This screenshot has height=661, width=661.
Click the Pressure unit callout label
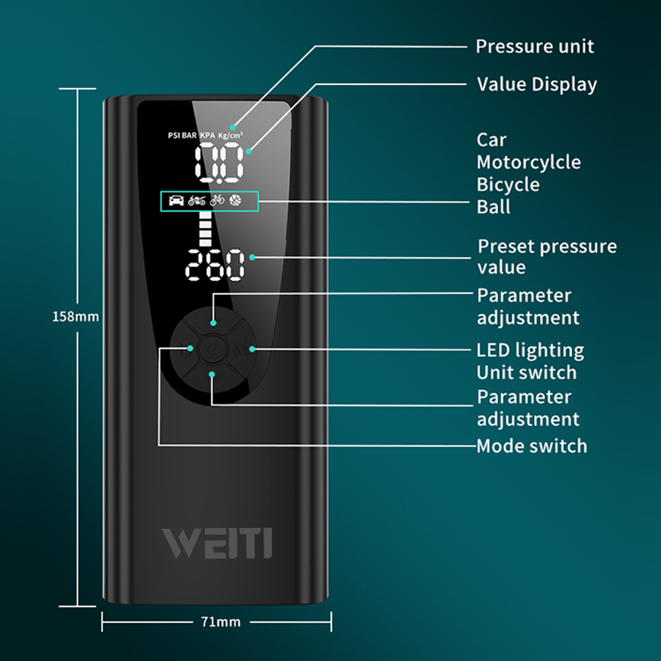tap(535, 46)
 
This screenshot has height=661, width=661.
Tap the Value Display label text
tap(537, 84)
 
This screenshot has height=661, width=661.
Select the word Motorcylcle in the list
tap(528, 162)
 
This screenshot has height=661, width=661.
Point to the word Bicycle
tap(507, 184)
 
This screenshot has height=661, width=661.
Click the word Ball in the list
tap(492, 207)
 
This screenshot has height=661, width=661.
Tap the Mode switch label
tap(531, 446)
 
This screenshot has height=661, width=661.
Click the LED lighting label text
tap(530, 350)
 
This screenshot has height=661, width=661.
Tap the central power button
tap(212, 350)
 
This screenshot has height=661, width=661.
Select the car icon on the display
tap(176, 200)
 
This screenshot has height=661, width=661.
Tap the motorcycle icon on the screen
tap(197, 200)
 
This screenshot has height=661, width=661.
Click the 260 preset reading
tap(215, 266)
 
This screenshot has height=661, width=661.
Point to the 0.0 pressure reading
tap(219, 162)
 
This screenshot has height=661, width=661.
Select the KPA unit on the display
tap(207, 134)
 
